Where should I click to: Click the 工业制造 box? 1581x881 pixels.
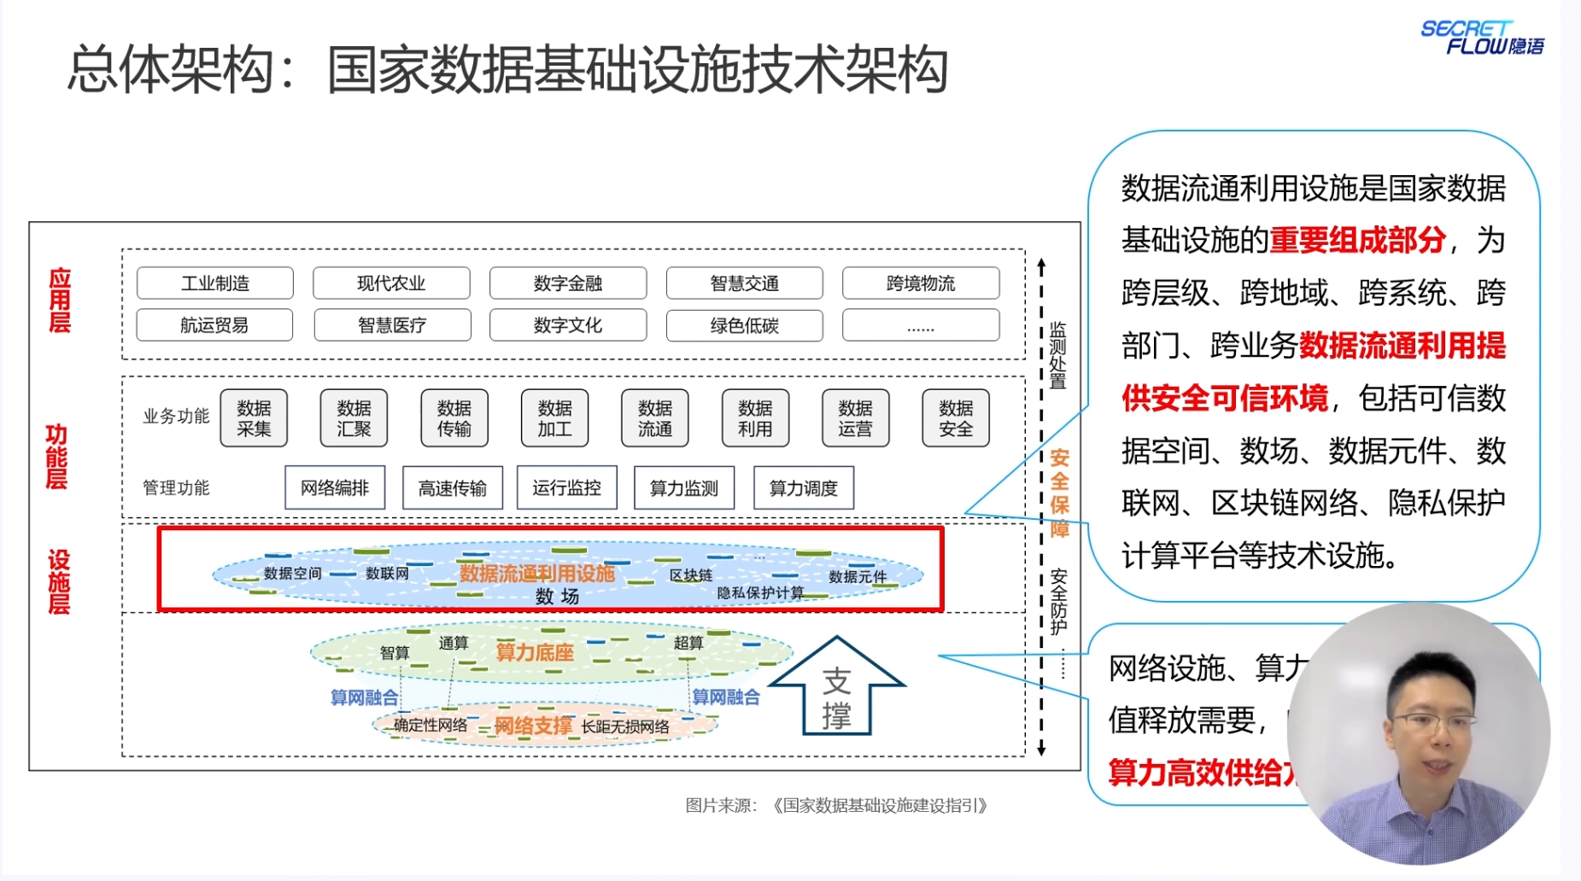coord(214,283)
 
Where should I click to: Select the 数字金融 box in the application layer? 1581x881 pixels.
coord(568,283)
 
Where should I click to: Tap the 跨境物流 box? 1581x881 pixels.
coord(921,283)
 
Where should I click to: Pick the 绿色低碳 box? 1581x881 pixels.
coord(744,325)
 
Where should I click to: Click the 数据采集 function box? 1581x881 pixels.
coord(254,418)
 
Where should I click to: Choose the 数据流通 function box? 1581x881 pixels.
coord(655,418)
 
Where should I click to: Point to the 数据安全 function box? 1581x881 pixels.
coord(956,418)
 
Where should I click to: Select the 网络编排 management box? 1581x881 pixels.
coord(335,487)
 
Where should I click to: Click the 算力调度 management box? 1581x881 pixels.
coord(804,487)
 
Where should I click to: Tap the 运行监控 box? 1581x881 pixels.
coord(567,487)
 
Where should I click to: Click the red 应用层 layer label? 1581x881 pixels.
coord(59,300)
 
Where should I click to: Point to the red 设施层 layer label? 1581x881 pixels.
coord(58,582)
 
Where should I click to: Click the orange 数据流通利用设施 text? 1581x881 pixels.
coord(537,573)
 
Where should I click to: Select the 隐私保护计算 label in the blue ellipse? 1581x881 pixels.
coord(760,592)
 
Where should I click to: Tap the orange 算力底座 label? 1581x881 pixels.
coord(535,652)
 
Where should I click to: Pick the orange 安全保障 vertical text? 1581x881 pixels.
coord(1059,493)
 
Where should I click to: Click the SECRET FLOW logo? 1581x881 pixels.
coord(1482,38)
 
